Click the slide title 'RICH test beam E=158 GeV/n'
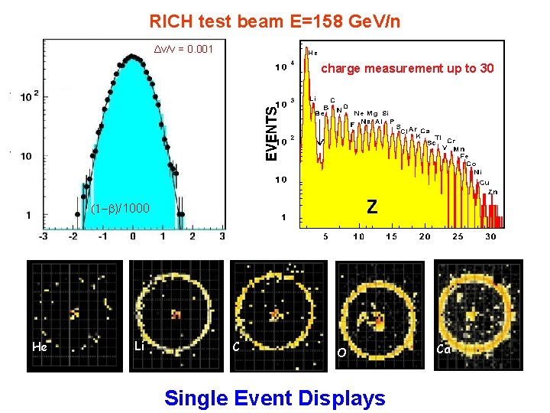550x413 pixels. (274, 21)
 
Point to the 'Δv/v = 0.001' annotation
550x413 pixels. (184, 50)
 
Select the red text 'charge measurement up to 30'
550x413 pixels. (407, 69)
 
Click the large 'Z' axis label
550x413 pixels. (371, 206)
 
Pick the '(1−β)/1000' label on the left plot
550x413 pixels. (121, 209)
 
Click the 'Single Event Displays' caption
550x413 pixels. (275, 398)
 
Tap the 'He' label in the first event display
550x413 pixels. (40, 347)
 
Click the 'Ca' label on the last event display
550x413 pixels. (443, 350)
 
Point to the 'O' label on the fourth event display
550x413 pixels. (341, 353)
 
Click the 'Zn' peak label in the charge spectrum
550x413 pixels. (493, 191)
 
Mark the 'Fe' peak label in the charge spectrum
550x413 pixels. (464, 155)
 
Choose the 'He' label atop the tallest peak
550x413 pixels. (313, 53)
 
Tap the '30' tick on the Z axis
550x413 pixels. (490, 236)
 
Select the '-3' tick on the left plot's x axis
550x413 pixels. (44, 236)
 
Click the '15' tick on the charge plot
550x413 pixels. (391, 236)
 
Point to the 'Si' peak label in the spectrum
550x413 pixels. (386, 112)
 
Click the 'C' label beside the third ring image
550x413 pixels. (236, 347)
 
